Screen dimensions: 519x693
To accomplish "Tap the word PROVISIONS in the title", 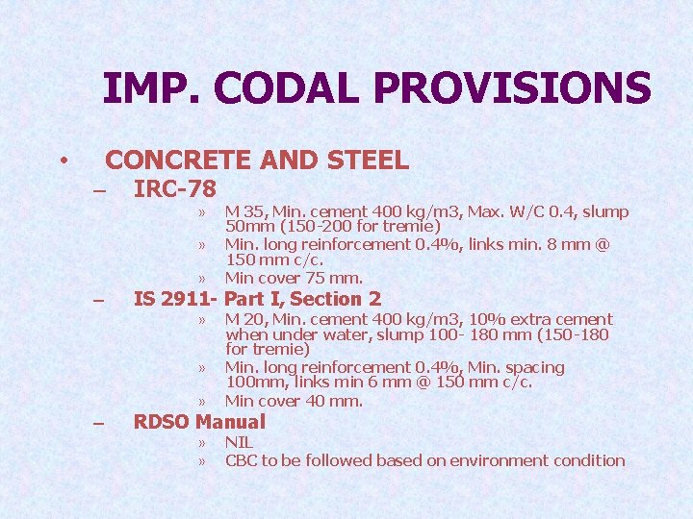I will click(511, 88).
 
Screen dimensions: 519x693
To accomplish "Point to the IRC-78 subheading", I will click(175, 188).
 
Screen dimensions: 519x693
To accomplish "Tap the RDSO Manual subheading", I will click(199, 421).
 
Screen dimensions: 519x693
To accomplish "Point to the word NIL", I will click(239, 442).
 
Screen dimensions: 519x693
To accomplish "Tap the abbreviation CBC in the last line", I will click(241, 460).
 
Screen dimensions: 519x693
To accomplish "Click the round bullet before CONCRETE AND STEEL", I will click(63, 160).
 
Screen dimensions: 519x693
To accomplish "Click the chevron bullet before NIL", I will click(202, 443).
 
